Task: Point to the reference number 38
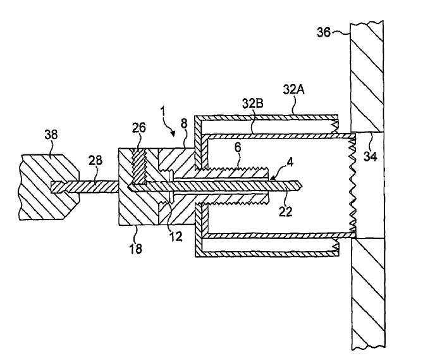51,133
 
